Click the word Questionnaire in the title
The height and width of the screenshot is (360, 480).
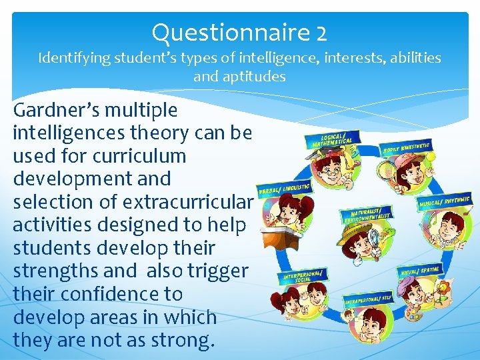click(229, 31)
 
